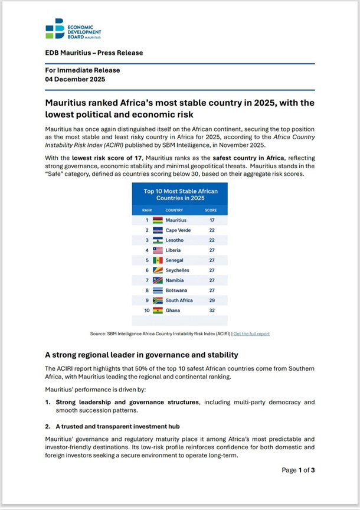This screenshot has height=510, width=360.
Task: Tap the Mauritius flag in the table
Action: coord(158,220)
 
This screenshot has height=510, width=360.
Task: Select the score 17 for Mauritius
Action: coord(211,220)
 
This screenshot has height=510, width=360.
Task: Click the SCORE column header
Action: coord(211,210)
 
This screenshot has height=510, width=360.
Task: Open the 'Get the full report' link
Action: coord(251,334)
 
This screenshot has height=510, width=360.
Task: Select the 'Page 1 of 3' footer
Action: coord(299,470)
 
